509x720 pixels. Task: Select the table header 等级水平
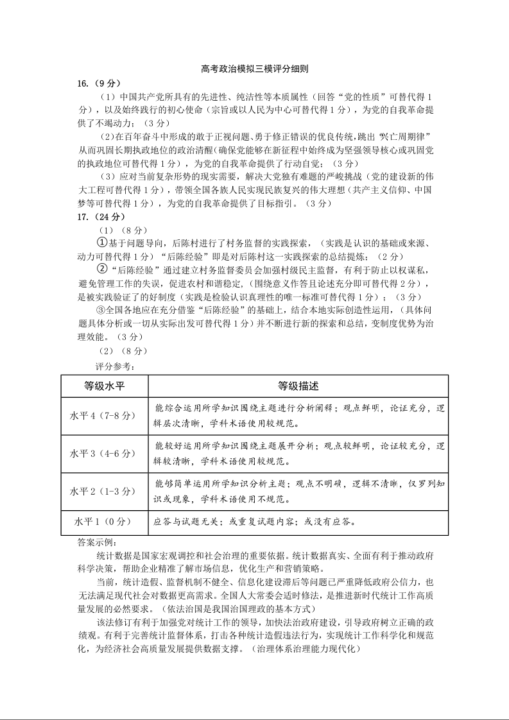point(105,386)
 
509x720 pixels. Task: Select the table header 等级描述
point(298,386)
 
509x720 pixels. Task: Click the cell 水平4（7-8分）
point(105,415)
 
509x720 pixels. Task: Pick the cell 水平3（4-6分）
point(105,453)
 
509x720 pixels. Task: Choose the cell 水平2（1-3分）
point(105,491)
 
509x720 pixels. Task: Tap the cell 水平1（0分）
point(105,522)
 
